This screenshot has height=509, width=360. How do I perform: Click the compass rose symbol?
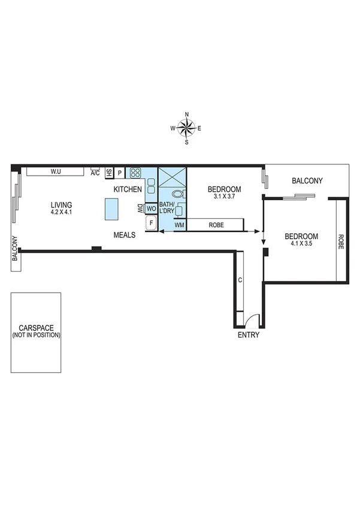[x=187, y=128]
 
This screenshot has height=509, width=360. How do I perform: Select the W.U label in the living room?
[x=56, y=171]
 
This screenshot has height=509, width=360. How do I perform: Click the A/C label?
[x=95, y=173]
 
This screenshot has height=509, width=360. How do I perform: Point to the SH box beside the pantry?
[x=108, y=173]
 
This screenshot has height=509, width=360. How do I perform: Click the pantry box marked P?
[x=119, y=173]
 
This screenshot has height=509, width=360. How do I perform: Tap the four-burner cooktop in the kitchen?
[x=135, y=173]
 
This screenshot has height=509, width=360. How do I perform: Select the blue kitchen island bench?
[x=112, y=208]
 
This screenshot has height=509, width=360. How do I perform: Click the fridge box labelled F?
[x=151, y=224]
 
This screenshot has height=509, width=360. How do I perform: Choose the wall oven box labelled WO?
[x=151, y=209]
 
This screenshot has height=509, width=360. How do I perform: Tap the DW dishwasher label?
[x=139, y=209]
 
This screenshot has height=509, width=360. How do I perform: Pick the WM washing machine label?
[x=179, y=225]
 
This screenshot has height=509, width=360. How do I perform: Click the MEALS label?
[x=125, y=235]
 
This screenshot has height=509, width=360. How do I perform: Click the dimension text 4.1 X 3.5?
[x=301, y=244]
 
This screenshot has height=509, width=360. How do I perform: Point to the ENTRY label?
[x=249, y=335]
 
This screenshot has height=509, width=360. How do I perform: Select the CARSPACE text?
[x=37, y=328]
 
